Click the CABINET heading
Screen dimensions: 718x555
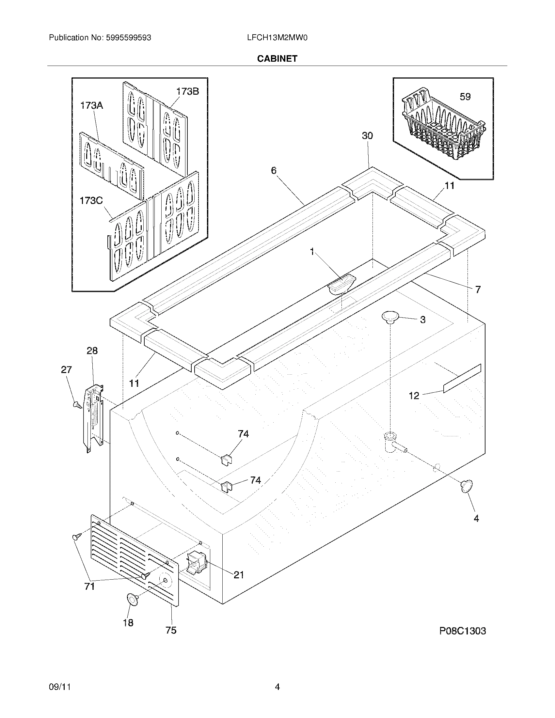[277, 58]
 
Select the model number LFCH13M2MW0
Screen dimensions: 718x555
[277, 38]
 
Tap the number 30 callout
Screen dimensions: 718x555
[367, 135]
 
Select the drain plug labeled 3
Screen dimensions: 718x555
[390, 318]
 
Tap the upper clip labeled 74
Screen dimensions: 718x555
[226, 458]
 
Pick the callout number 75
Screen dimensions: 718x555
[171, 630]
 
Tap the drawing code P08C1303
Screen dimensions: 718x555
[462, 631]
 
